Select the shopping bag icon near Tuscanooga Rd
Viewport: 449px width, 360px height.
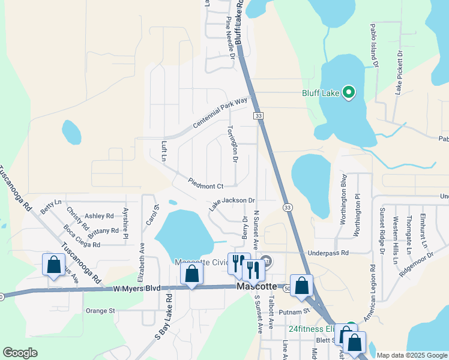[54, 265]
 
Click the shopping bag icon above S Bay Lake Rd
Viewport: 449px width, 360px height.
[192, 274]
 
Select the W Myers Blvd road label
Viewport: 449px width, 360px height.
[136, 289]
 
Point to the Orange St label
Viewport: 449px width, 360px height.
[100, 311]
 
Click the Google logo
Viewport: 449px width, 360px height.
[20, 353]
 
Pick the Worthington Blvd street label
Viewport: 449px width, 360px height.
[343, 199]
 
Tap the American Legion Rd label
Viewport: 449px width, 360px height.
[372, 295]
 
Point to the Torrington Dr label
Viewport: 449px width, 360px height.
[233, 143]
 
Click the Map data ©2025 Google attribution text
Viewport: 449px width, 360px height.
[411, 355]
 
